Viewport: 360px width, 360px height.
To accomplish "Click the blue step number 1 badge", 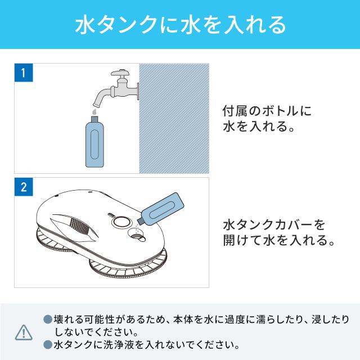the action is (x=24, y=73).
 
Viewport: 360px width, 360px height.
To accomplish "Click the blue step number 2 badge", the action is (x=24, y=187).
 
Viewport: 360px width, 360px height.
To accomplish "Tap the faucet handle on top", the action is (x=120, y=73).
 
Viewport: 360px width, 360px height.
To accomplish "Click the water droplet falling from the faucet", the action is (x=94, y=112).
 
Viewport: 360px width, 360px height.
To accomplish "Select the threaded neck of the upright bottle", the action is (x=94, y=119).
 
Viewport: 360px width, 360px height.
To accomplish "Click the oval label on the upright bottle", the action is (x=94, y=145).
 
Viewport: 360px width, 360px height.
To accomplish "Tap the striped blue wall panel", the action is (x=174, y=118).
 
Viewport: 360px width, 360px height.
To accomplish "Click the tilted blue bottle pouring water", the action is (x=161, y=208).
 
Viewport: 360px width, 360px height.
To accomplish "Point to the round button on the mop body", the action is (x=121, y=222).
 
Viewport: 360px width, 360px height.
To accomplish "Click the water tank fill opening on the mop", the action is (x=137, y=235).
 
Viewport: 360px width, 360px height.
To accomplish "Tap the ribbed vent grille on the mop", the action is (x=80, y=227).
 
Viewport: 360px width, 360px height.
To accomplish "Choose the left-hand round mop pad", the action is (x=49, y=241).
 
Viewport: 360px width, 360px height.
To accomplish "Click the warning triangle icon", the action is (x=24, y=332).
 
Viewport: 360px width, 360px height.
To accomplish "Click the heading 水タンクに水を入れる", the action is (x=181, y=25).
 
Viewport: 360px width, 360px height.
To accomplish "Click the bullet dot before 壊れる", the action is (x=48, y=319).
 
